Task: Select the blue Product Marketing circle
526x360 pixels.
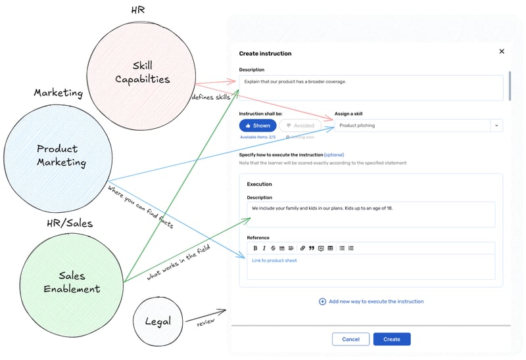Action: coord(57,155)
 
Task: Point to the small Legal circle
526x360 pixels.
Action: coord(157,321)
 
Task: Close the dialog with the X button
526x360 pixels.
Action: coord(502,51)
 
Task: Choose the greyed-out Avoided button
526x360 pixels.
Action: coord(301,125)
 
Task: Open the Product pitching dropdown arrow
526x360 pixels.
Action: coord(496,125)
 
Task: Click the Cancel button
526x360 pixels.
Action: coord(350,339)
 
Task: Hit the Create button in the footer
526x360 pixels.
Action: coord(392,339)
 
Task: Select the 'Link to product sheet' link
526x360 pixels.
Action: coord(274,261)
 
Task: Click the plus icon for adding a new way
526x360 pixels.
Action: coord(322,302)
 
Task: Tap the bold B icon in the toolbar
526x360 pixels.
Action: coord(255,248)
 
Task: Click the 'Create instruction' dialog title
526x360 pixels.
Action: coord(265,54)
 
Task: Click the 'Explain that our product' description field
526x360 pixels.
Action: coord(371,87)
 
